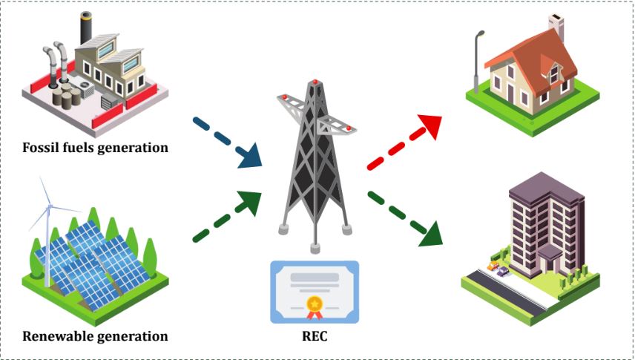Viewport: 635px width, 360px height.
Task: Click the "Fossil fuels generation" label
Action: tap(95, 147)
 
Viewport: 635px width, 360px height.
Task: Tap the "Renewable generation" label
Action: tap(95, 336)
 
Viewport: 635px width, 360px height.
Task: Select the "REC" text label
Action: tap(314, 336)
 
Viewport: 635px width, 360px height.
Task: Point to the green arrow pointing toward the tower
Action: tap(226, 217)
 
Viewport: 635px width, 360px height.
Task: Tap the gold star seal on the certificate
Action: tap(314, 304)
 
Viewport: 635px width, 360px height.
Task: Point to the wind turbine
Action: tap(49, 223)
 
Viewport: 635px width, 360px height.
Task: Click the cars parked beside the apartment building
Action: tap(496, 267)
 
